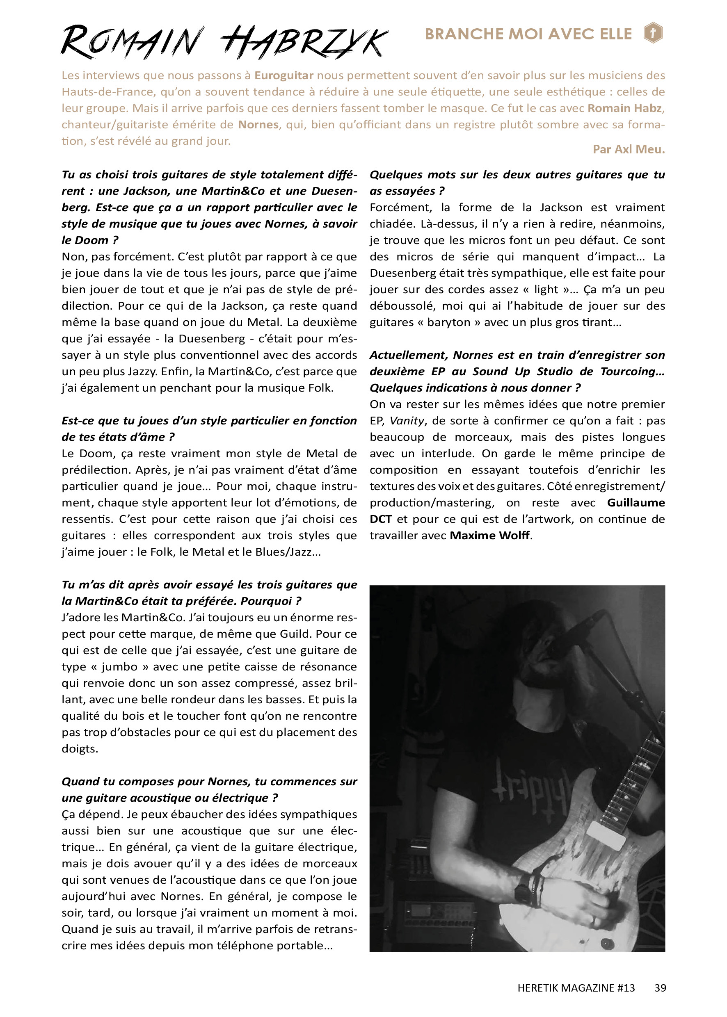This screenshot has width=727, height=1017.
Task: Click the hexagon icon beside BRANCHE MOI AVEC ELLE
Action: click(653, 33)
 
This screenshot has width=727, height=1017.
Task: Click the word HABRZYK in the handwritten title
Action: click(304, 43)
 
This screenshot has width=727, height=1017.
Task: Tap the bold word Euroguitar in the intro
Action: click(284, 75)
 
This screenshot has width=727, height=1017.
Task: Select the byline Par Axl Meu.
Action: click(629, 149)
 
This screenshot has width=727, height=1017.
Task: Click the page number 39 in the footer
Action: click(660, 988)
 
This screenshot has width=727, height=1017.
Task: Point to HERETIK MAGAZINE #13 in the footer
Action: click(576, 988)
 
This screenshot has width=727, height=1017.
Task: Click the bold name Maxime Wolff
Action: click(490, 536)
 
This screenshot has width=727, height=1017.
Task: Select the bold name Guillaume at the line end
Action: click(636, 503)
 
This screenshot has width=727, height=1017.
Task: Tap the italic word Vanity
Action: click(407, 421)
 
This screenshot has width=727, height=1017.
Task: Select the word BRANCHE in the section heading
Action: click(461, 34)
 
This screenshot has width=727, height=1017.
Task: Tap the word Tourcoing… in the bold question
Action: click(632, 372)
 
